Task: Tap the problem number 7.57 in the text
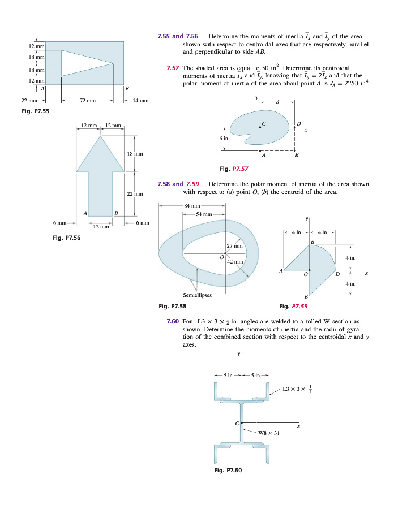click(x=173, y=68)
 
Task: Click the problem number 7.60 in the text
click(x=173, y=321)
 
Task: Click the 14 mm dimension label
click(x=140, y=101)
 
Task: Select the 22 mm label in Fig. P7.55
click(x=21, y=101)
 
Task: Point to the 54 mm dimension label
click(x=204, y=214)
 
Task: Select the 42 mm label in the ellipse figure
click(x=234, y=262)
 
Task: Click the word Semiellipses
click(x=198, y=295)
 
